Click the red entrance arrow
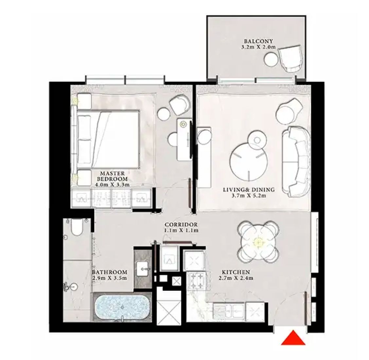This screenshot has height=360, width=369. click(293, 339)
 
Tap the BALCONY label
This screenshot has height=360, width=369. click(258, 41)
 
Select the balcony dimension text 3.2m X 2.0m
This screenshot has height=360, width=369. click(258, 47)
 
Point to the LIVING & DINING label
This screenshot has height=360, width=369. click(249, 189)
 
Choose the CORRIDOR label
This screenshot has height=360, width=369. click(181, 225)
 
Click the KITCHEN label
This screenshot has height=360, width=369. click(236, 272)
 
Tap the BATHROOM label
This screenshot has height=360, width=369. click(110, 272)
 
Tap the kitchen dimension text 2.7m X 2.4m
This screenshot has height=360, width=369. click(236, 279)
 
